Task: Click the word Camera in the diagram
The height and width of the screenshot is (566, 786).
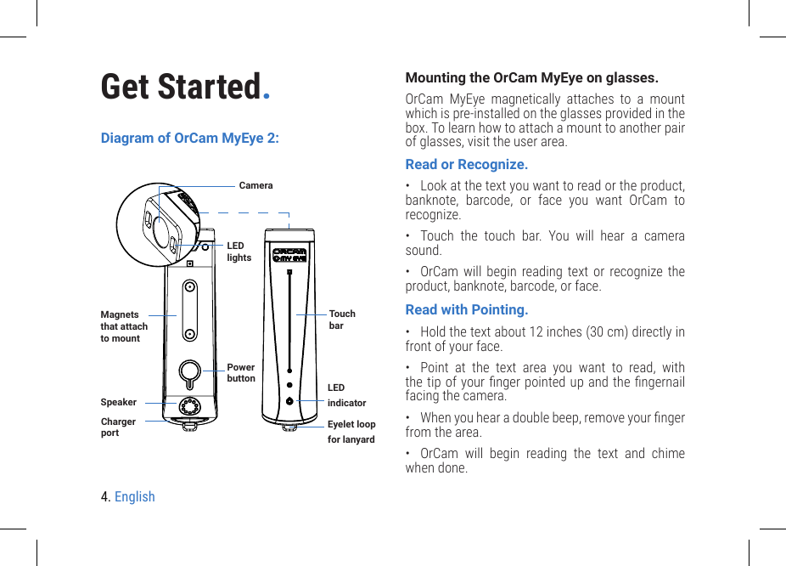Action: click(x=255, y=185)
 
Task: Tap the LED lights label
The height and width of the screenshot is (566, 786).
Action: click(x=239, y=252)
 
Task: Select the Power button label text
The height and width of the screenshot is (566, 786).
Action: click(x=240, y=373)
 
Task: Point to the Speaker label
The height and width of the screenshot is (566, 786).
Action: click(x=118, y=402)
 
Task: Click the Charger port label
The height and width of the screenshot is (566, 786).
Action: click(x=118, y=427)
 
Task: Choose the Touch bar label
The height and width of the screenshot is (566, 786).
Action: click(x=341, y=320)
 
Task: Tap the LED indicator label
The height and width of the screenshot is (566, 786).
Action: click(x=346, y=395)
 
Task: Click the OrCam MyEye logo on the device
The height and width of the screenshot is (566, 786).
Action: click(x=289, y=254)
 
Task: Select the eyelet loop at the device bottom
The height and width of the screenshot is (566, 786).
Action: click(x=289, y=427)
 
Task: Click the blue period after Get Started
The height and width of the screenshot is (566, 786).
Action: click(x=267, y=93)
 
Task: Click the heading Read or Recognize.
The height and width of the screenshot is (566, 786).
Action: click(x=466, y=164)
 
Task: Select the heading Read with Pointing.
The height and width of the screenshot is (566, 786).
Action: click(x=466, y=309)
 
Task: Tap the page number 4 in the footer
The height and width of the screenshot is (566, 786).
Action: click(x=104, y=496)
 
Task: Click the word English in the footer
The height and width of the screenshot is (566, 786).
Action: click(x=135, y=496)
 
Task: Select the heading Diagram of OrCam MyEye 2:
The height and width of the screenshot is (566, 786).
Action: click(x=189, y=138)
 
